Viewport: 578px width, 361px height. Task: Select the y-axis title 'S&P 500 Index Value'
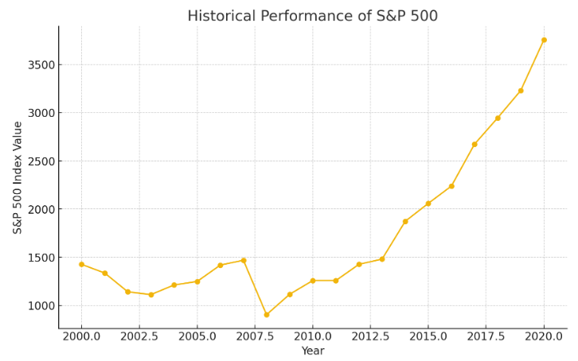click(18, 177)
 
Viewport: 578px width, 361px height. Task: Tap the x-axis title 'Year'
click(312, 351)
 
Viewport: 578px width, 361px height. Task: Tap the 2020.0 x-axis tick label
click(544, 336)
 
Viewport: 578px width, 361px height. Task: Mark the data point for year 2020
click(544, 40)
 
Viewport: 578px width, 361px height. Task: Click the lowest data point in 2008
click(267, 315)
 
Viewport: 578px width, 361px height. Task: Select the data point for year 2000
click(81, 264)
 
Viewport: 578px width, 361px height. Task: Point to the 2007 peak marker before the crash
click(244, 260)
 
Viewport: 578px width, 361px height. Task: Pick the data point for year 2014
click(405, 221)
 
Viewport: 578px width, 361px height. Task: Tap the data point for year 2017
click(475, 144)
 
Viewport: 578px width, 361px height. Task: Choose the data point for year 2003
click(150, 294)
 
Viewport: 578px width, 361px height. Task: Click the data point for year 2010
click(313, 281)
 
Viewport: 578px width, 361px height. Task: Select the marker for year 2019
click(521, 91)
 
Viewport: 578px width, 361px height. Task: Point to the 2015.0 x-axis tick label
click(428, 336)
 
